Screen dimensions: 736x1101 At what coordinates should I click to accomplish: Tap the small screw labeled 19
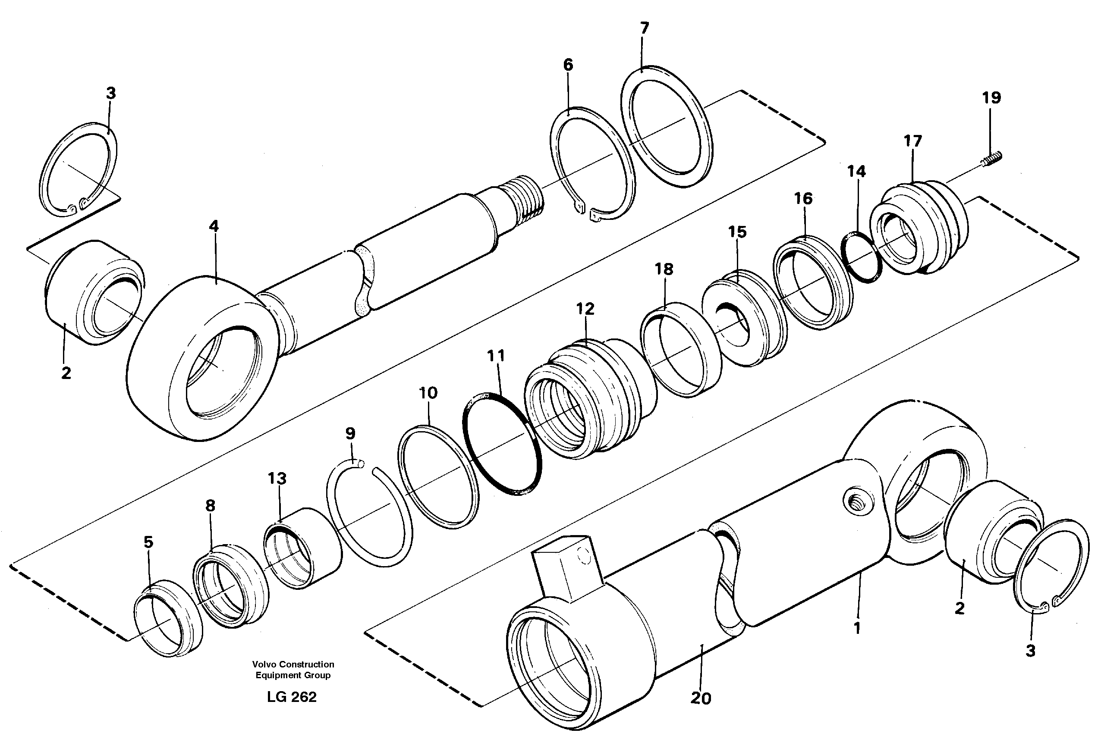coord(991,158)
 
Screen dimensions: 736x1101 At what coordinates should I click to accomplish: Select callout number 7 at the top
coord(645,28)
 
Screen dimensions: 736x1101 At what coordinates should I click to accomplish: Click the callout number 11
coord(496,356)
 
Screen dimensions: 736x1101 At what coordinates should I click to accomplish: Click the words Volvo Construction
coord(293,664)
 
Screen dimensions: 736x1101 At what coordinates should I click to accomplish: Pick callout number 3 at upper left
coord(111,94)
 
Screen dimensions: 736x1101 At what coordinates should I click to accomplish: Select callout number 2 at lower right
coord(959,608)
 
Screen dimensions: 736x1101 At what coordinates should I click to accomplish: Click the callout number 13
coord(277,479)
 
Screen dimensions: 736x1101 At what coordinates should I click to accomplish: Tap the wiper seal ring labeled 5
coord(168,619)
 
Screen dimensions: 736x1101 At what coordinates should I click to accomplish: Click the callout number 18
coord(664,269)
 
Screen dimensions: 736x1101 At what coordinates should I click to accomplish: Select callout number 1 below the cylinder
coord(857,628)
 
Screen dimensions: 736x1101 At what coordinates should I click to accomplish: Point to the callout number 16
coord(803,198)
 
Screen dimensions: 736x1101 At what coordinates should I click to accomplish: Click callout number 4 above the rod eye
coord(214,226)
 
